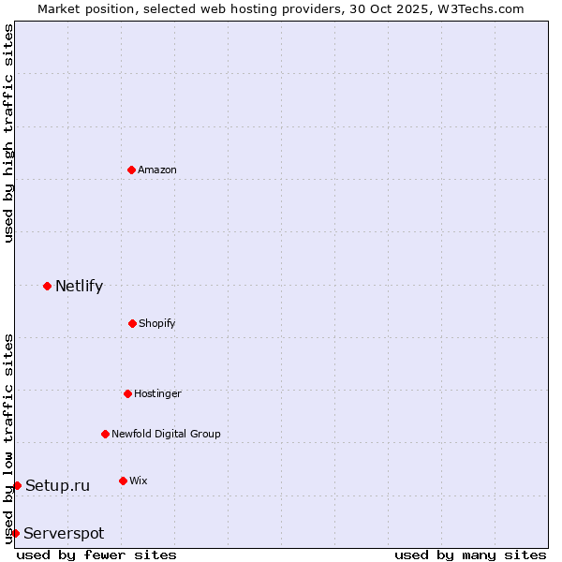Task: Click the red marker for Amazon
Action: pos(131,170)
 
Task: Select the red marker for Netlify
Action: pos(47,286)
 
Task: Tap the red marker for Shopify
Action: pos(132,323)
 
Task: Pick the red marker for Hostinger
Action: pos(127,393)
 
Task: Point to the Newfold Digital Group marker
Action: pos(105,434)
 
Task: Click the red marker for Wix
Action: pos(123,481)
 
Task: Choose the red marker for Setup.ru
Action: pos(17,485)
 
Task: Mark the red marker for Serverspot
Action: pos(15,533)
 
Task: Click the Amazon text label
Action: pos(157,170)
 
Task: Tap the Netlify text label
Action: pos(79,286)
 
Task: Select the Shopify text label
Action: pos(157,323)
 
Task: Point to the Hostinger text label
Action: pos(157,393)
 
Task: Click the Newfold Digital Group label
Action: pos(166,434)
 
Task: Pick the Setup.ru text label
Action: pos(57,485)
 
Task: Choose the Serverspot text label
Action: pos(64,533)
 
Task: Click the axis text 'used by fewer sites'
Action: pos(96,555)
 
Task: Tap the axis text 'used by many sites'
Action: pos(470,555)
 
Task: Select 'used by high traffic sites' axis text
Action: pos(8,133)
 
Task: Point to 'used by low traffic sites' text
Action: pos(8,437)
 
